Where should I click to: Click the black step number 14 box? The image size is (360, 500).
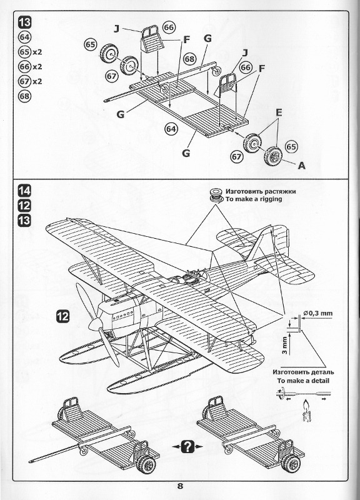point(24,191)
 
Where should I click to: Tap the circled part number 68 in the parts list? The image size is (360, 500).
point(24,96)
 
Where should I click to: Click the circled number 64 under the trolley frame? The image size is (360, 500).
point(171,129)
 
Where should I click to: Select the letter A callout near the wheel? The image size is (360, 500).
point(301,166)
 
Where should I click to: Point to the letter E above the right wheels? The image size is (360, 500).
point(279,112)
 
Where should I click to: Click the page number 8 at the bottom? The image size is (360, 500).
point(180,486)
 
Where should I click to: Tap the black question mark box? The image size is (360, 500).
point(187,446)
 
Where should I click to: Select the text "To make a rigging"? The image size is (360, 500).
point(254,199)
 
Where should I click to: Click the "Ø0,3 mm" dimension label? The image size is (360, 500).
point(318,313)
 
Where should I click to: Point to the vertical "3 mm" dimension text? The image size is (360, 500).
point(285,346)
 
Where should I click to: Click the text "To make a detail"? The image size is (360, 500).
point(303,381)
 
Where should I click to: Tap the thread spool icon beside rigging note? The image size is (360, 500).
point(216,195)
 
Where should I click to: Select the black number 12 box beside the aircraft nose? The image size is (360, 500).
point(63,316)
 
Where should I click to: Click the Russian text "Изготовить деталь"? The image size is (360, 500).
point(303,372)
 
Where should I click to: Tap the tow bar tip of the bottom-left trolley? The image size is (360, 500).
point(31,461)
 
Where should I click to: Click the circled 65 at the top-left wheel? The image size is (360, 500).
point(91,44)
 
